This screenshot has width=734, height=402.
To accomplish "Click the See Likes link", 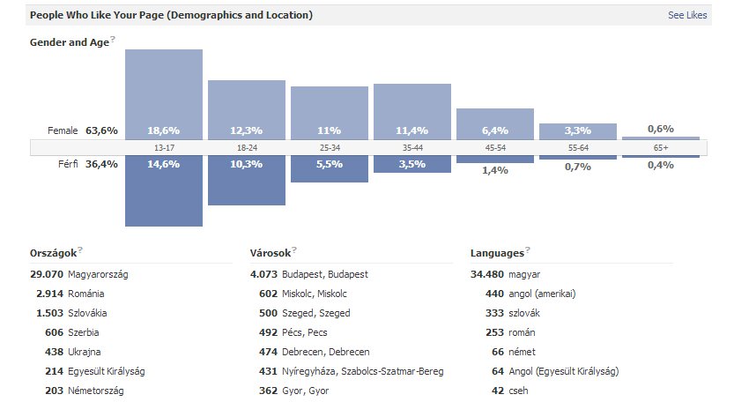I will (x=687, y=15).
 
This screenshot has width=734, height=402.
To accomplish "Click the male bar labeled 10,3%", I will (x=247, y=181).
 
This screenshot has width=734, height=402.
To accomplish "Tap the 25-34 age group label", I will (x=330, y=148).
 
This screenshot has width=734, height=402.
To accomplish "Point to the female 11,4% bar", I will (x=412, y=111).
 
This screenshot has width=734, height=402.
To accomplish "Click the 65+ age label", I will (x=661, y=148).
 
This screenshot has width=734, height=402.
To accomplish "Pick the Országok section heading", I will (x=53, y=253).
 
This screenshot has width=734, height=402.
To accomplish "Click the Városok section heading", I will (x=271, y=253).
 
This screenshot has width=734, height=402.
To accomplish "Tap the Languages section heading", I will (x=498, y=253).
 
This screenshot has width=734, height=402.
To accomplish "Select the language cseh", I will (x=519, y=391).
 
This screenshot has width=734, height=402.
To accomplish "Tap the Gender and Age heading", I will (x=69, y=41).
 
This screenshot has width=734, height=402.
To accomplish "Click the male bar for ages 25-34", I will (x=330, y=169).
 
